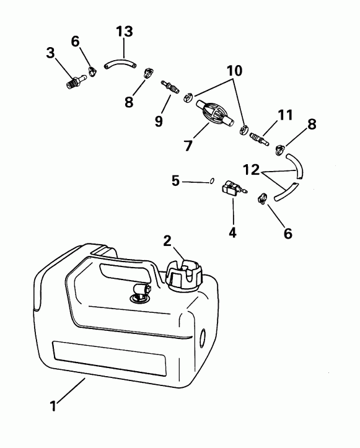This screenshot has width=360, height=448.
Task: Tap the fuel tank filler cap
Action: coord(184,274)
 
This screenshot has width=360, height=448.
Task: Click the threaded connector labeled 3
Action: coord(75,81)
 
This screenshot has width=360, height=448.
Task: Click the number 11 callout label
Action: coord(285,115)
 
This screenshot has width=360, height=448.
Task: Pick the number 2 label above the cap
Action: coord(167,240)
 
